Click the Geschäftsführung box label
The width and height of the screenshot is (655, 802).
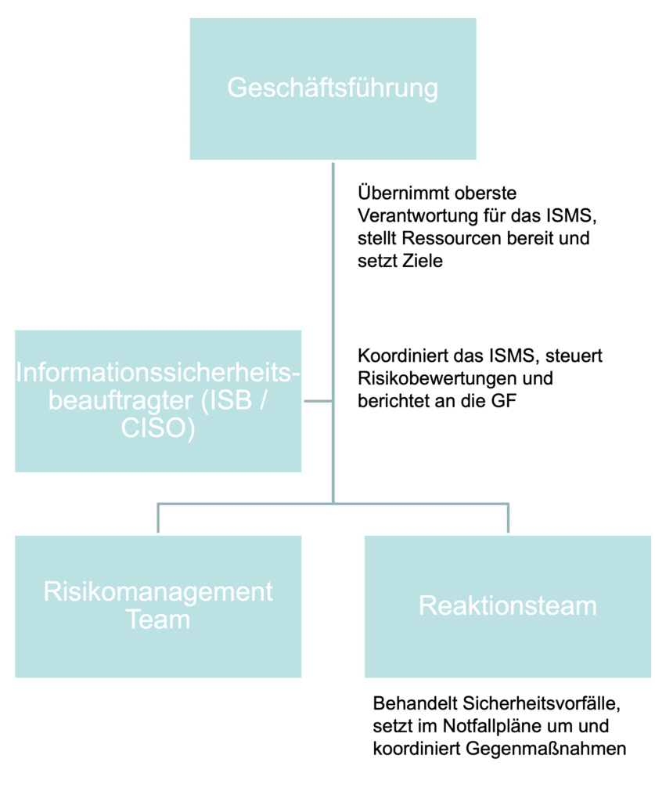click(x=333, y=88)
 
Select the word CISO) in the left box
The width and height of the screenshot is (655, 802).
click(x=157, y=428)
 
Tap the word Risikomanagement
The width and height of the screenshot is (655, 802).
click(x=158, y=591)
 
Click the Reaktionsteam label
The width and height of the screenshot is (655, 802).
click(x=508, y=605)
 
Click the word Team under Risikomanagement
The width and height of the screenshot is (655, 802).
click(x=158, y=620)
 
